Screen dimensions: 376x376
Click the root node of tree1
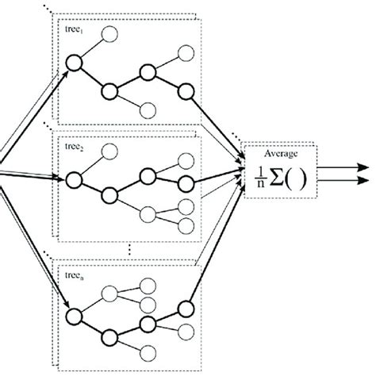75,63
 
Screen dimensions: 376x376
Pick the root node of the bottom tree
75,317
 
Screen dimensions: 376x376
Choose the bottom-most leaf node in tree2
186,226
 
